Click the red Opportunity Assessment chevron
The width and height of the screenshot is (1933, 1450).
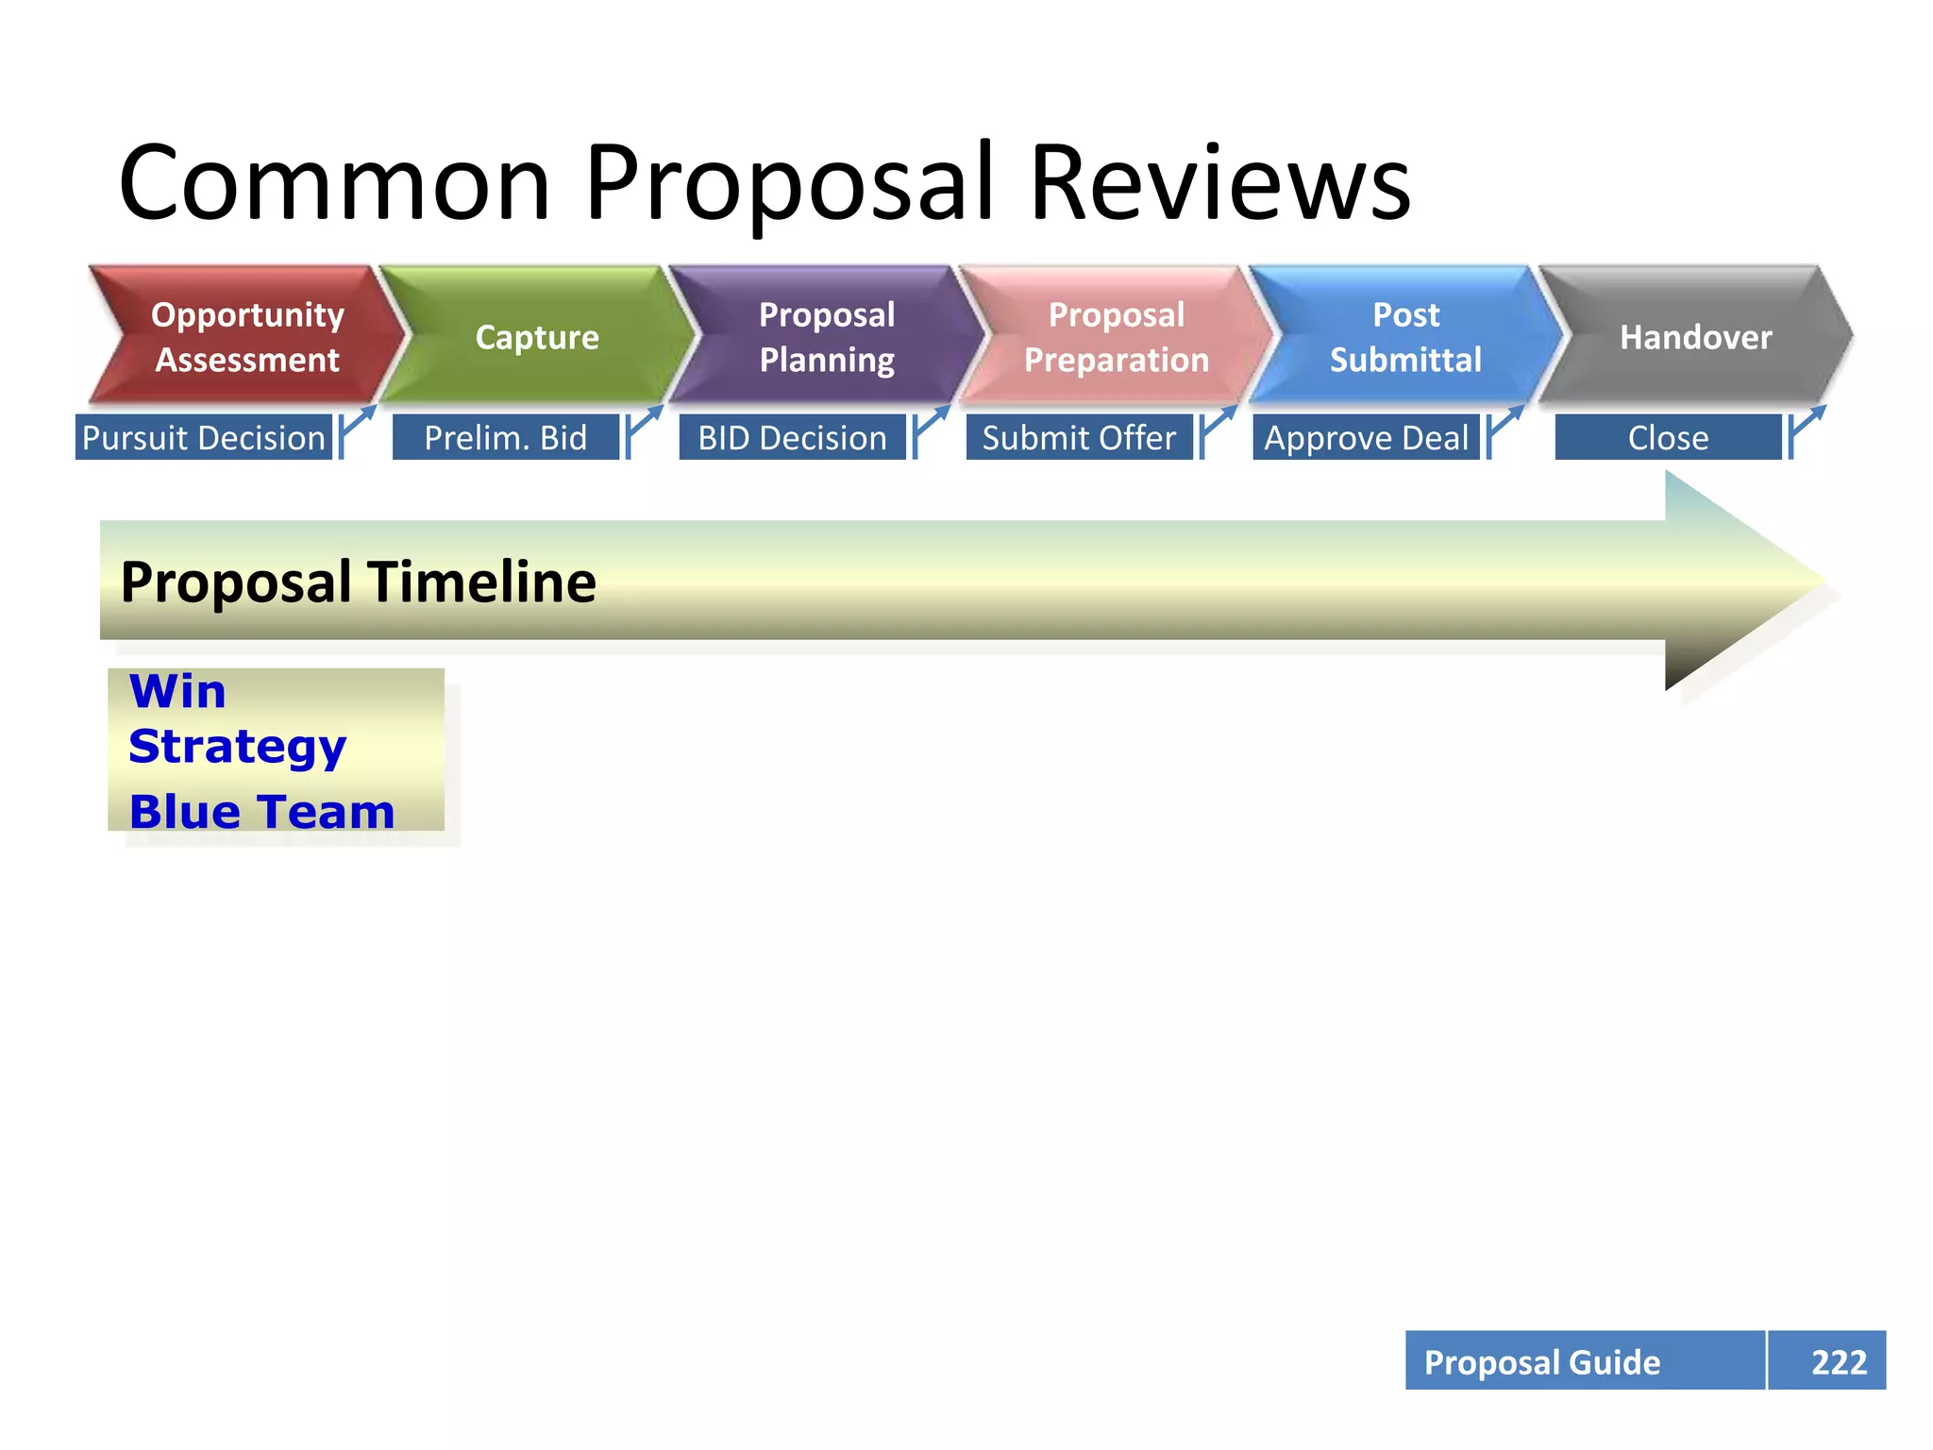coord(247,337)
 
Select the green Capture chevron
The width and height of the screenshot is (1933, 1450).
coord(537,337)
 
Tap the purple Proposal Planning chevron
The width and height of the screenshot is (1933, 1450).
coord(827,337)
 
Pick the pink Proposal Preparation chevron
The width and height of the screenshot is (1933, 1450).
coord(1117,337)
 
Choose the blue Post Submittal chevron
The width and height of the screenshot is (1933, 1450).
coord(1405,337)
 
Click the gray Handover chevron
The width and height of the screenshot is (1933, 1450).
coord(1695,337)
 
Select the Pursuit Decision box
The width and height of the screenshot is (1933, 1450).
coord(204,438)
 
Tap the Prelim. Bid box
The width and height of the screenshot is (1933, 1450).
coord(506,438)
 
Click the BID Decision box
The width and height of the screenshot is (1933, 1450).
coord(793,438)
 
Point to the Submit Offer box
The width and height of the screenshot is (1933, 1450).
coord(1079,438)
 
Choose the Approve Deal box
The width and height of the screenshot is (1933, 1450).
coord(1366,438)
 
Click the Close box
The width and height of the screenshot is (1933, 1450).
coord(1668,438)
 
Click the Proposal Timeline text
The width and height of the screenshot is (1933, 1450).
coord(359,582)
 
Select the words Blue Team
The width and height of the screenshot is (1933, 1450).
coord(261,812)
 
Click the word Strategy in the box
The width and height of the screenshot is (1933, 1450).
coord(238,747)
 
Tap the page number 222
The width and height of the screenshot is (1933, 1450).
coord(1838,1361)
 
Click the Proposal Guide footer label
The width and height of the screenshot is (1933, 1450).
coord(1542,1361)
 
